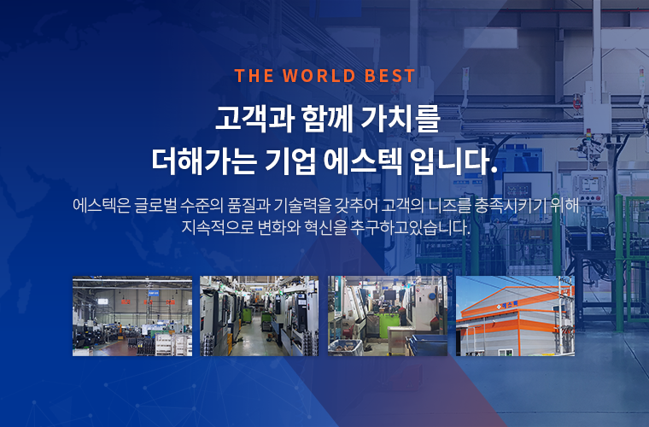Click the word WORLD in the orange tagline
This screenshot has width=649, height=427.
click(x=319, y=76)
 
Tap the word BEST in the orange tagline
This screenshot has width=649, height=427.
click(x=389, y=76)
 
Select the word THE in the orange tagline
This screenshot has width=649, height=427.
click(x=254, y=76)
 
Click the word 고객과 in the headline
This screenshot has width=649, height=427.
click(x=254, y=120)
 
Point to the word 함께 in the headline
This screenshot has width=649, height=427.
click(x=327, y=120)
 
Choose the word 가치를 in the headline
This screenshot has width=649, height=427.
click(x=400, y=120)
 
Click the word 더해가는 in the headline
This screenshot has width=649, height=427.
click(x=204, y=161)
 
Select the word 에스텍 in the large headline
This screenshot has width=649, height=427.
click(x=363, y=161)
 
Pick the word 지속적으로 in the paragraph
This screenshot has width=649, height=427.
click(x=218, y=227)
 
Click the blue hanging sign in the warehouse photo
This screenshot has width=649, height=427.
click(x=153, y=293)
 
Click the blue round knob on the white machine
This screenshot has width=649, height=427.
click(x=433, y=295)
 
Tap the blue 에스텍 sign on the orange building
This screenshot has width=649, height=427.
click(x=507, y=306)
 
